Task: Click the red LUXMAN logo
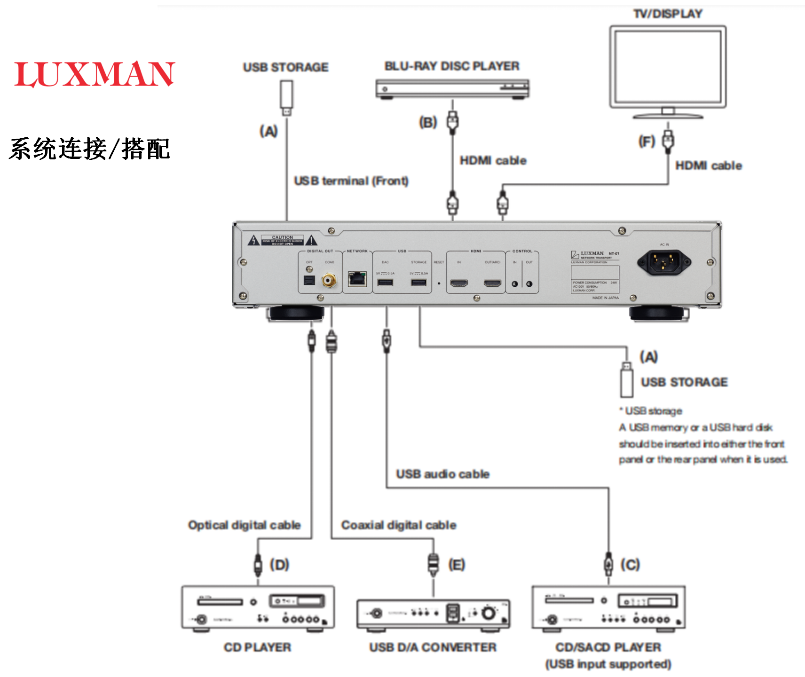point(95,74)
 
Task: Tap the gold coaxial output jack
point(329,281)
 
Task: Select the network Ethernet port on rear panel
point(357,279)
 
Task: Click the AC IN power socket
point(663,262)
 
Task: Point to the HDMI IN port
point(459,283)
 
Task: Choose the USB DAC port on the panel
point(385,282)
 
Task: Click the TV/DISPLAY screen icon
point(668,67)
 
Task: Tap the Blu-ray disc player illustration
point(452,89)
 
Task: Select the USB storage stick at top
point(286,96)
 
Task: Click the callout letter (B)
point(428,123)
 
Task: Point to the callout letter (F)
point(647,141)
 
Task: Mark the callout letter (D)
point(279,565)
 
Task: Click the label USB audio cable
point(442,474)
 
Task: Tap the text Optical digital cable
point(244,525)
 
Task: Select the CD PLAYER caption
point(257,647)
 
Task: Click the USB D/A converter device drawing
point(433,614)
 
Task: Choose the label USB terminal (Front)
point(351,181)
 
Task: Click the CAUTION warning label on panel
point(282,240)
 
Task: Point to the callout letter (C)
point(630,565)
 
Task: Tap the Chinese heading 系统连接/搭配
point(89,149)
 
